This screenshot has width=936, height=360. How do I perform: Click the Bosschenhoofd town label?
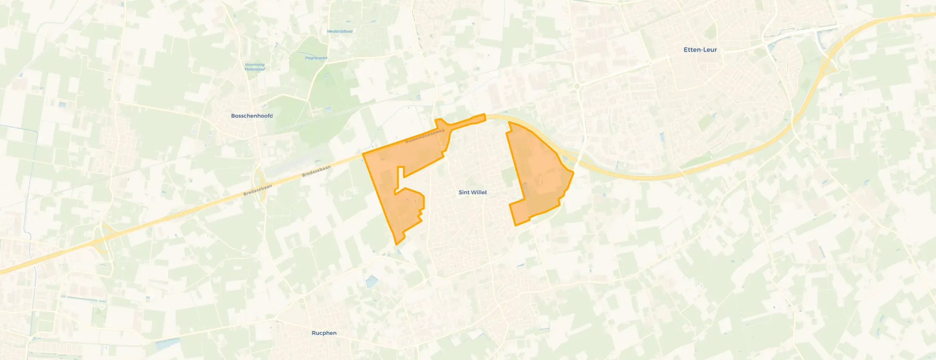click(252, 116)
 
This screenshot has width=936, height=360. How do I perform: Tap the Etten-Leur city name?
click(700, 50)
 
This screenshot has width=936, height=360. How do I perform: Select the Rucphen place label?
click(324, 333)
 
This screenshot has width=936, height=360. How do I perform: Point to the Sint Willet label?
click(473, 192)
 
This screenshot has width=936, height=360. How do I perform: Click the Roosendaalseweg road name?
click(425, 136)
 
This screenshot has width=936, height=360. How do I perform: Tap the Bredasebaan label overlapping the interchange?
click(257, 190)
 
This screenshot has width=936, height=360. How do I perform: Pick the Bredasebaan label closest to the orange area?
click(316, 171)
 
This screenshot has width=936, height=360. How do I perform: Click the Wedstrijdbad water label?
click(340, 31)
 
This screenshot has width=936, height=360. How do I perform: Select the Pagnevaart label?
click(316, 58)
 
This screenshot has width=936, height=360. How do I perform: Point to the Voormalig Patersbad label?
click(255, 67)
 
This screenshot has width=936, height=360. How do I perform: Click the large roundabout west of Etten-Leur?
click(576, 86)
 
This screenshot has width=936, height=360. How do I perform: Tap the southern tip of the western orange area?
click(397, 243)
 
